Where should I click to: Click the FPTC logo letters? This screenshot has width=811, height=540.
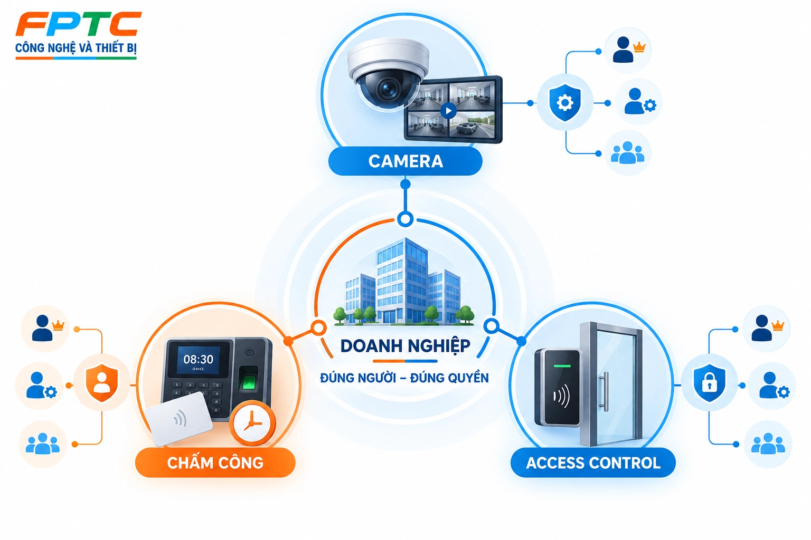click(78, 24)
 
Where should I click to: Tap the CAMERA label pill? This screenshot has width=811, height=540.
click(405, 161)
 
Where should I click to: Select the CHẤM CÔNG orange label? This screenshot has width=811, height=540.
click(215, 462)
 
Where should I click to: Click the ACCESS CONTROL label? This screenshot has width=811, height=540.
click(593, 462)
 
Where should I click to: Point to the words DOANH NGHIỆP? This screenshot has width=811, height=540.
click(405, 346)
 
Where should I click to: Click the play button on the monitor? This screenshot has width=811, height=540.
click(449, 111)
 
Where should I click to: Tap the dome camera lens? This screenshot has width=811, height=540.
click(388, 88)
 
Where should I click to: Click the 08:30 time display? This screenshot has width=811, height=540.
click(198, 359)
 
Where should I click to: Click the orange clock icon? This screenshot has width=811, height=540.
click(252, 423)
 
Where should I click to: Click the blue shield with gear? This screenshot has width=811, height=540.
click(565, 102)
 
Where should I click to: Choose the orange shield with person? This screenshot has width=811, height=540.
click(102, 383)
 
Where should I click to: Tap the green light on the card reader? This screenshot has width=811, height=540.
click(562, 366)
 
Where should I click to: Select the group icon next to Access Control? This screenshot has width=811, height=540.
click(768, 443)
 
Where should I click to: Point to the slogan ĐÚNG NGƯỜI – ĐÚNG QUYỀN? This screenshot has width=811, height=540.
click(404, 377)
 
